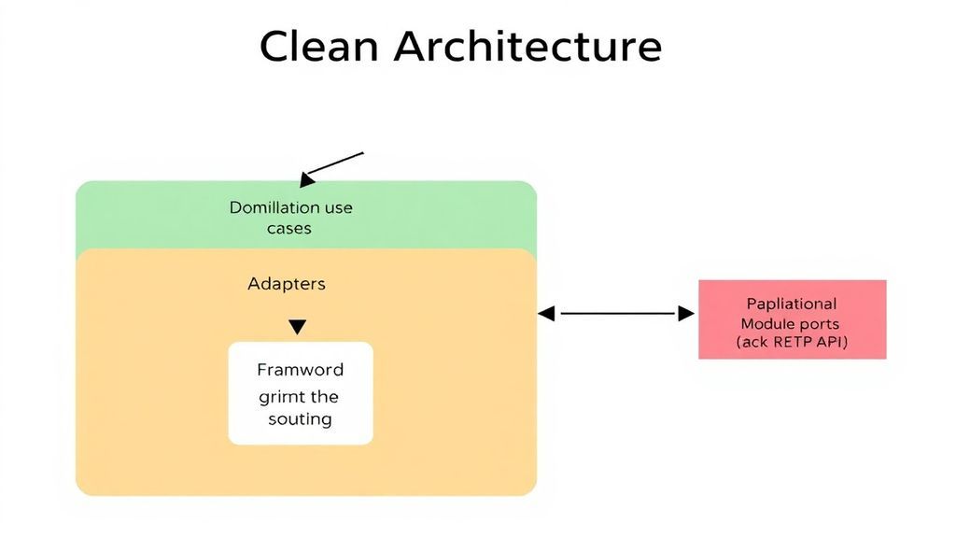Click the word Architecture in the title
point(527,46)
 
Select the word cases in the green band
point(289,228)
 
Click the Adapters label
point(287,283)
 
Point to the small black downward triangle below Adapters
point(297,327)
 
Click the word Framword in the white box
point(301,369)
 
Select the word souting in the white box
point(301,418)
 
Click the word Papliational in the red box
point(792,304)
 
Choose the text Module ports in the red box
point(791,323)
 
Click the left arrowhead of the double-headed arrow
point(546,315)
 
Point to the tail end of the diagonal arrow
point(362,152)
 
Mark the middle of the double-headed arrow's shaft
point(617,315)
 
